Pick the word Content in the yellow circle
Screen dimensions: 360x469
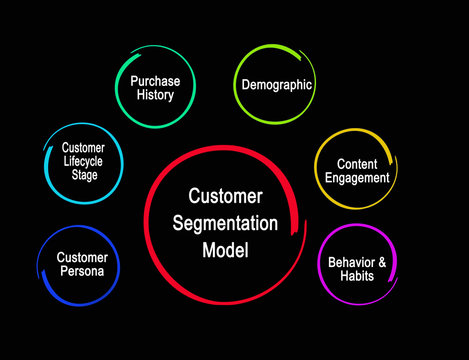(356, 163)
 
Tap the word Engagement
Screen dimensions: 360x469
(356, 178)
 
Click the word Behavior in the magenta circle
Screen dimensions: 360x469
(350, 262)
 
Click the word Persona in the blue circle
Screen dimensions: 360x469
(81, 271)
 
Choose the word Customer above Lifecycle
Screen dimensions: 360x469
(83, 147)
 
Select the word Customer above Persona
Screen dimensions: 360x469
(81, 257)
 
